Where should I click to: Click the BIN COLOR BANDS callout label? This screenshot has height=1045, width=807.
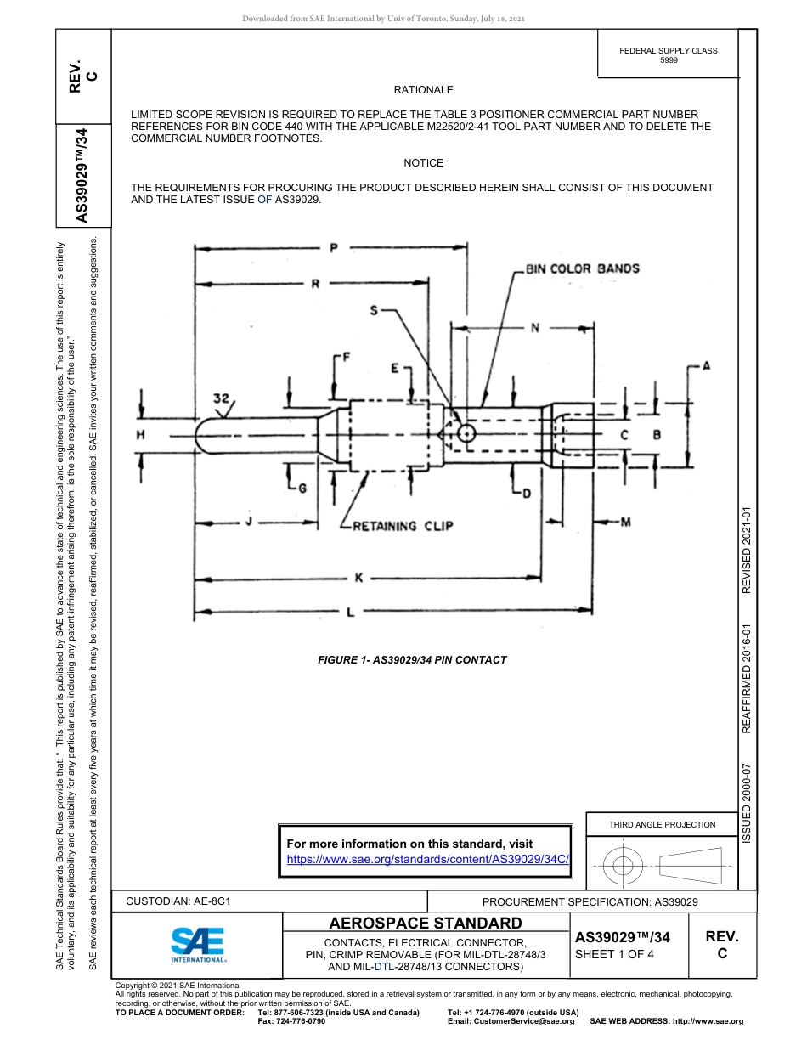582,268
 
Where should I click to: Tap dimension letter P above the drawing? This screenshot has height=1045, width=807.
334,248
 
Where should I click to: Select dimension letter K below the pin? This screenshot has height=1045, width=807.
358,578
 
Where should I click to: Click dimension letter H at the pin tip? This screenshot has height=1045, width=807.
141,434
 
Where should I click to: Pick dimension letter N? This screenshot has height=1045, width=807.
534,328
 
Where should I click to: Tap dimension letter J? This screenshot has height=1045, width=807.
249,521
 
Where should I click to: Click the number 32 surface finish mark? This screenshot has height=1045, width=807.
223,398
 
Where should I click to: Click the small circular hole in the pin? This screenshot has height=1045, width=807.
466,434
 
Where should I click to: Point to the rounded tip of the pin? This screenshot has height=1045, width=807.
202,434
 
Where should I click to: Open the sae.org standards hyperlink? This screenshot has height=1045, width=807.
426,859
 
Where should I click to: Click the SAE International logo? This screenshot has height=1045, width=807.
198,944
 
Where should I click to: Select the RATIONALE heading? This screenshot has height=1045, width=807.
423,89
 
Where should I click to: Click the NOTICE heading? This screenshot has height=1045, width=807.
423,162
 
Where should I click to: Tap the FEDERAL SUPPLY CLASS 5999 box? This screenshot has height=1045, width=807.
668,55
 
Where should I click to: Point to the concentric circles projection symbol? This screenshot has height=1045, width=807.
624,867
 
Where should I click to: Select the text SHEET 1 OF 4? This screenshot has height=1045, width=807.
615,953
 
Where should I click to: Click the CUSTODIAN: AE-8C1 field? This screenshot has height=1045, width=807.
178,901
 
